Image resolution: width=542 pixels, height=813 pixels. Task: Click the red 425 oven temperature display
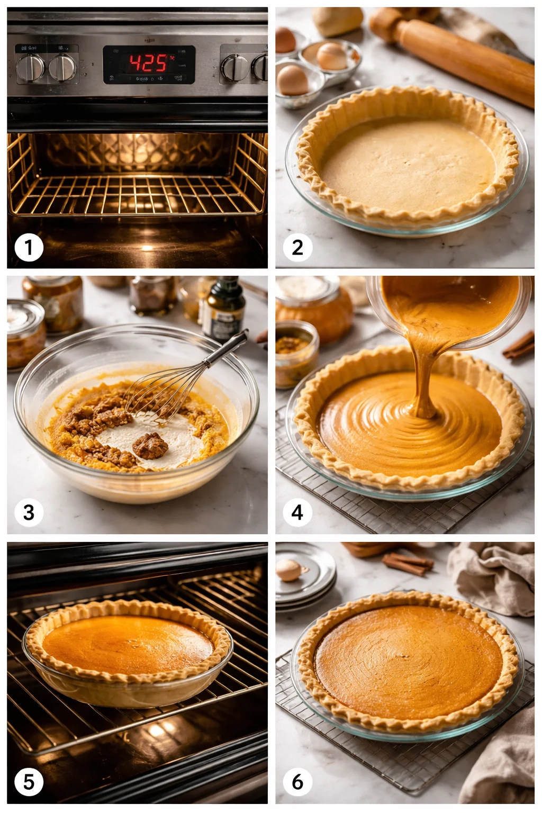point(149,64)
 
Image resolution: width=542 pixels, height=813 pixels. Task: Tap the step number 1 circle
point(29,247)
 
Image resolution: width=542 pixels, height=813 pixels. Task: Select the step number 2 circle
point(297,247)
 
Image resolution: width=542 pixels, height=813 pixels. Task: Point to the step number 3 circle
point(29,512)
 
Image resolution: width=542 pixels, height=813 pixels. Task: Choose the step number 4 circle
point(297,512)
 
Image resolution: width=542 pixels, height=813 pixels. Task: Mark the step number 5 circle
point(29,781)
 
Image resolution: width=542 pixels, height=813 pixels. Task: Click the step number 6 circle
point(297,781)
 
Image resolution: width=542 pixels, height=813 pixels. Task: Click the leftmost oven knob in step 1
point(30,68)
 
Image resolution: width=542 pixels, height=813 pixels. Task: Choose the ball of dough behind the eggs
point(337,21)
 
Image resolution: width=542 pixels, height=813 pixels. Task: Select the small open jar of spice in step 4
point(296,352)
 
